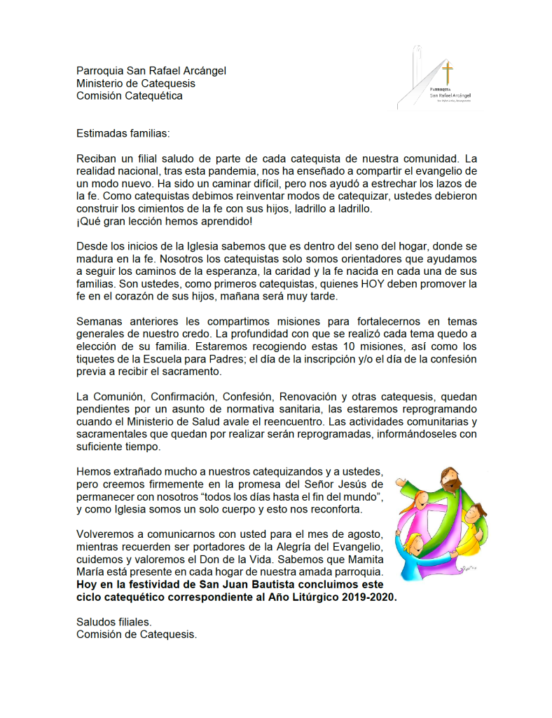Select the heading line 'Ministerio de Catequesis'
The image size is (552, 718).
136,83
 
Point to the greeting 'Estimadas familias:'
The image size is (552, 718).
123,132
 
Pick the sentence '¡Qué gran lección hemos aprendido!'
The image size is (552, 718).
165,222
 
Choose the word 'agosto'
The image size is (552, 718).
364,533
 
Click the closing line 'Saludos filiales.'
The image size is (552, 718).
113,622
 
